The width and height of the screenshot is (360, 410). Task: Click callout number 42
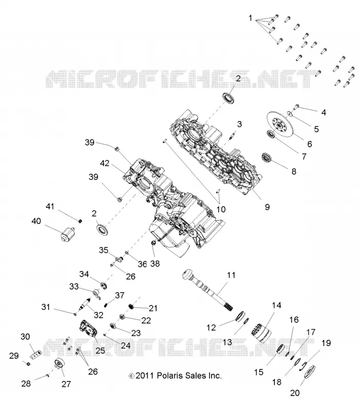[104, 163]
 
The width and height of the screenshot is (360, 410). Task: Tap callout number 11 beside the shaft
[231, 275]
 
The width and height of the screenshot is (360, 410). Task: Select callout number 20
[294, 393]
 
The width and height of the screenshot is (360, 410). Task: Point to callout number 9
[267, 207]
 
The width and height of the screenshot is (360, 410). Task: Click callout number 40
[36, 221]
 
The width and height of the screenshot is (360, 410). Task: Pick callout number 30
[25, 337]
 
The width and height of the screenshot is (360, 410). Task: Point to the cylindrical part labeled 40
[68, 234]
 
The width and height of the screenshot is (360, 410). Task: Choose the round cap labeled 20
[310, 375]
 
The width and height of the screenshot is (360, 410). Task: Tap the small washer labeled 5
[290, 113]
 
